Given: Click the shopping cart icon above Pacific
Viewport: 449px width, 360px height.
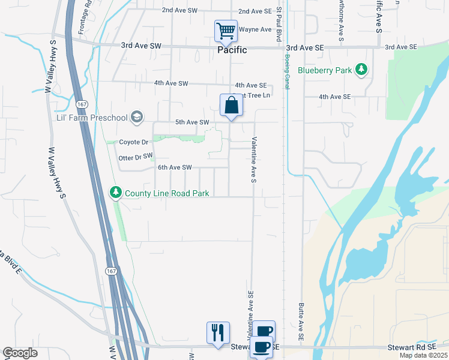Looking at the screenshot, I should pos(226,30).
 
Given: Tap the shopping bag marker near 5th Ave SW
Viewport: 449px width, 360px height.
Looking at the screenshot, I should pos(231,106).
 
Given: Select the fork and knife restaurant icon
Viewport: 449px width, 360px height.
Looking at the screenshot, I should pos(217,332).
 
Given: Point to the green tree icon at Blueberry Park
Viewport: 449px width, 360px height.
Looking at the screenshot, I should pos(361,70).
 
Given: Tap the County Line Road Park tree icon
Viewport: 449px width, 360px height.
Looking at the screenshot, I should pos(115,193).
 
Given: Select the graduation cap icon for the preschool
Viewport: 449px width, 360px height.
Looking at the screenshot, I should pos(137,116).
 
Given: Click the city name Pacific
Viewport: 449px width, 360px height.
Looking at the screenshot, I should pos(232,50).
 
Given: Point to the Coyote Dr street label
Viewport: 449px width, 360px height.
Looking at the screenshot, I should pos(133,142).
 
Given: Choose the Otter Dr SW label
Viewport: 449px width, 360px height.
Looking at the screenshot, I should pos(136,156).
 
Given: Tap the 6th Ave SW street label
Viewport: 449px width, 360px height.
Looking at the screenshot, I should pos(174,167).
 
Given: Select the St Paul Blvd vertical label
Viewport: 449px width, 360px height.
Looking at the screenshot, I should pos(279,25).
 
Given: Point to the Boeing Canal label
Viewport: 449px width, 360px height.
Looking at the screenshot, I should pos(288,72).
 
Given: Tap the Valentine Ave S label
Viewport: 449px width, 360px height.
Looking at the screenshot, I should pos(254,159).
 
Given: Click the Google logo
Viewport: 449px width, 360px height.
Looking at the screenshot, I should pos(20,353).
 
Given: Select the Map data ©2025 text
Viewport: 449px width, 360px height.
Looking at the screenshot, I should pos(423,355).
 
